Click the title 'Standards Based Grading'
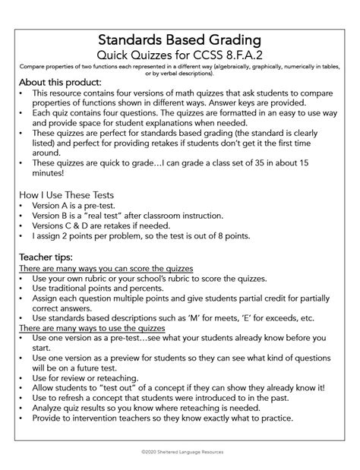180,39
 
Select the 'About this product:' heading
61,83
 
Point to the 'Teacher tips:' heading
48,257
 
